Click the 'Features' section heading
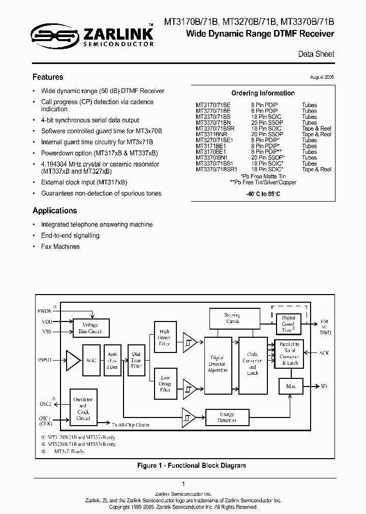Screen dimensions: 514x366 point(48,77)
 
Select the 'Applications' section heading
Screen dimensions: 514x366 point(55,210)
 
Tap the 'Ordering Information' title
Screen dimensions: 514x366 point(263,93)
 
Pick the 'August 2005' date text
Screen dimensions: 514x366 point(322,77)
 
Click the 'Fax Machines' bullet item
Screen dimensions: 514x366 point(60,246)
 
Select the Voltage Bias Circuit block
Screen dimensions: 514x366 point(90,328)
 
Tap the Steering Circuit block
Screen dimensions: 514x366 point(232,318)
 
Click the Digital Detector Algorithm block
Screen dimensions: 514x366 point(218,364)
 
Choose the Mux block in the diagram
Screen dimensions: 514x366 point(290,387)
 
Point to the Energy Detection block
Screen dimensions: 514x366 point(227,417)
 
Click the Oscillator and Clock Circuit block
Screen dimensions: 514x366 point(83,408)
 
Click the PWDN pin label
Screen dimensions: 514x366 point(45,310)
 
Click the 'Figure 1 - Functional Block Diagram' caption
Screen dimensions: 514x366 point(192,465)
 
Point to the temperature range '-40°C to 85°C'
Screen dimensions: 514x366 point(263,194)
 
